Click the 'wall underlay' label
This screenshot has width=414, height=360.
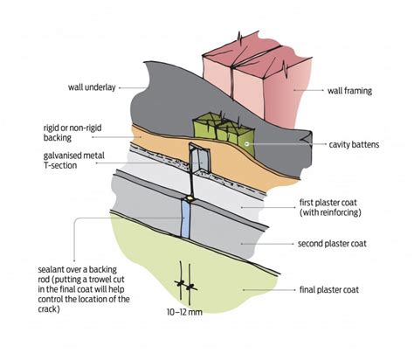click(90, 87)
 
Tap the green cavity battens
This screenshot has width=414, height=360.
click(218, 131)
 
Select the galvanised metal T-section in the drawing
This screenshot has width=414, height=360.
click(199, 162)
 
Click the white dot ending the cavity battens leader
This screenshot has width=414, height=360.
click(248, 143)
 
